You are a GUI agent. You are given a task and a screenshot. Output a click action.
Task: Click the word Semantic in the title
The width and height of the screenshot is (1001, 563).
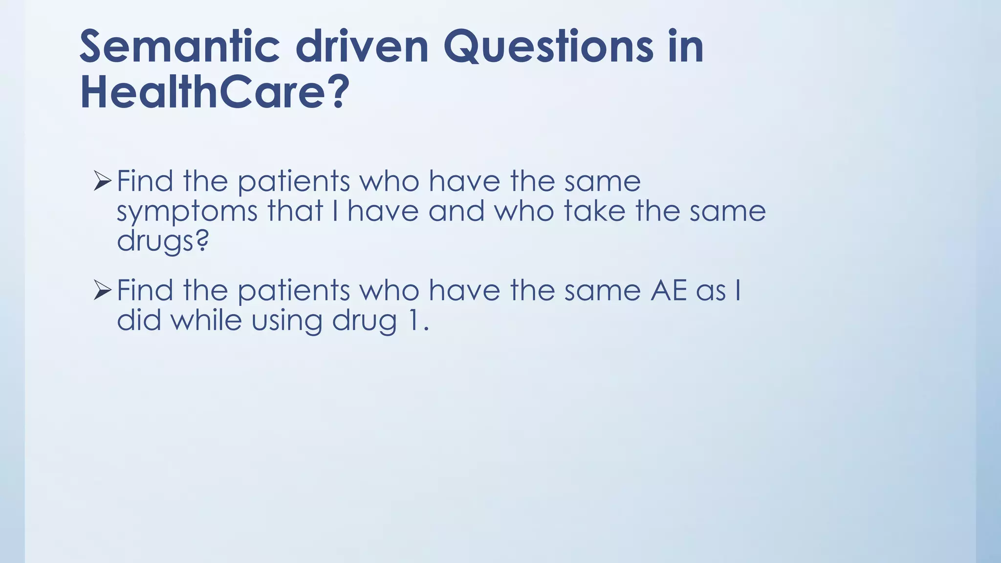pos(179,47)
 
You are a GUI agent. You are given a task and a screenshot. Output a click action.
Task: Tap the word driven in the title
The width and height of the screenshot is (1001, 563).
pos(362,47)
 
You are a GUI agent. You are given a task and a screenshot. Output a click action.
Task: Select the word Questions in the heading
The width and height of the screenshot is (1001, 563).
pos(548,47)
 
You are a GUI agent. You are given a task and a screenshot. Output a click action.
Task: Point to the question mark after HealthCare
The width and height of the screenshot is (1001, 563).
pos(337,92)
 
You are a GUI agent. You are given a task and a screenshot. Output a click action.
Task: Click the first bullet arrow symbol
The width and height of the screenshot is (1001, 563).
pos(103,181)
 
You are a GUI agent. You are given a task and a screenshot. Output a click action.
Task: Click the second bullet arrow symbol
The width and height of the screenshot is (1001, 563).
pos(103,291)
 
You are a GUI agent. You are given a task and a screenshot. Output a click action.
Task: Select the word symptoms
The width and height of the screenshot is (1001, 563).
pos(187,212)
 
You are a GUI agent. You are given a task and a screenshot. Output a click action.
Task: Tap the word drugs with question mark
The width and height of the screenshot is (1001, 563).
pos(162,240)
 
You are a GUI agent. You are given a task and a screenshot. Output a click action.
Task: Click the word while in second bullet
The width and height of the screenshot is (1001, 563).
pos(206,321)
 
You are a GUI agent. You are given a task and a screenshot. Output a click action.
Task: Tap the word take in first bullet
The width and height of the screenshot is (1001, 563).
pos(594,211)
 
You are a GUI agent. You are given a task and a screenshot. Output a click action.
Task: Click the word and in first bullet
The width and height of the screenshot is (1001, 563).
pos(457,211)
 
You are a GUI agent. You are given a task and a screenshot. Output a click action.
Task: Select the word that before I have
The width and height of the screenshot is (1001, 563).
pos(295,211)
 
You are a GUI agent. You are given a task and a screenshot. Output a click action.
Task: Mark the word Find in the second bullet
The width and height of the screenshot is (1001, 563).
pos(145,290)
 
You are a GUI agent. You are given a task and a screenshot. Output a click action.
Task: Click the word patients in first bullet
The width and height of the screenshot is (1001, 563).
pos(294,182)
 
